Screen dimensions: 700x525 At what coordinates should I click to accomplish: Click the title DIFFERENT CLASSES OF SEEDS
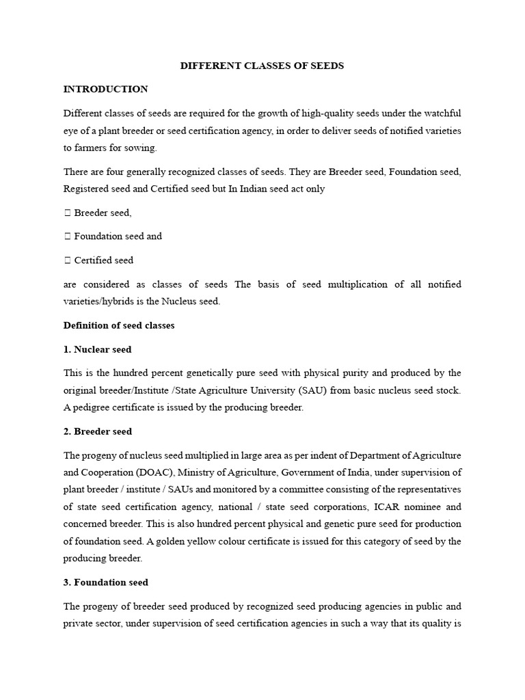(x=262, y=66)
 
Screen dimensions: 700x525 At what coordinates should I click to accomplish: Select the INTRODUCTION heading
(x=105, y=90)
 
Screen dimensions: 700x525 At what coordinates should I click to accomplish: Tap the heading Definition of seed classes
(x=119, y=325)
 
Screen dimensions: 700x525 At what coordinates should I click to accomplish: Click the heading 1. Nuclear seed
(x=97, y=349)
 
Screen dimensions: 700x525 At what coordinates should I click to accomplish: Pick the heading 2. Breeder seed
(x=98, y=431)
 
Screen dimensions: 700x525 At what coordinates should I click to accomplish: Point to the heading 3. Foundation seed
(x=106, y=582)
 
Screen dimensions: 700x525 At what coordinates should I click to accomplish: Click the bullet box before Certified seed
(x=67, y=260)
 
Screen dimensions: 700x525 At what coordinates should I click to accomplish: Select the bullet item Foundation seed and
(x=118, y=237)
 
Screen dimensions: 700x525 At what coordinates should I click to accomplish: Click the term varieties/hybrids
(x=98, y=301)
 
